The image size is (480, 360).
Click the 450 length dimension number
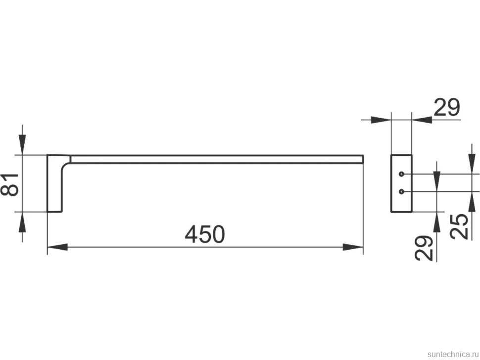tap(205, 234)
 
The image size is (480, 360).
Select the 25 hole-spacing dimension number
tap(459, 226)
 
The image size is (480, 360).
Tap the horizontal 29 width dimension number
tap(447, 107)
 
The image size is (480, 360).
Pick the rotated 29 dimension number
tap(424, 248)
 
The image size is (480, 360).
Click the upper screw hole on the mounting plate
tap(401, 175)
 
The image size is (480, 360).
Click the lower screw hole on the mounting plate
tap(401, 192)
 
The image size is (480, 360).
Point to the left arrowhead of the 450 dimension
tap(57, 247)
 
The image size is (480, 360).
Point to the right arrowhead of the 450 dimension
tap(353, 247)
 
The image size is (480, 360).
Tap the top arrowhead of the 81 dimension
tap(22, 145)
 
